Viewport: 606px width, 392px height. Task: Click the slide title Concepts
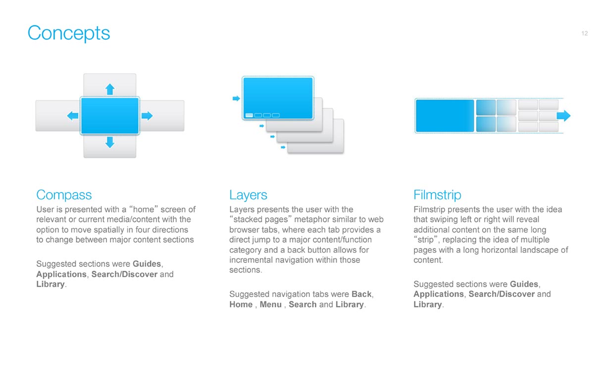69,33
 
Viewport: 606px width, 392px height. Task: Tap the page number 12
584,33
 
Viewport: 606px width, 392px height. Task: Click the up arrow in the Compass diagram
110,89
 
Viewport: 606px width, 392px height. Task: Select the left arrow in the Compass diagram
72,116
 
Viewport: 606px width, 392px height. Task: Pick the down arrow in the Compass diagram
110,143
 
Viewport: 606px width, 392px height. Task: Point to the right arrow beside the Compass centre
147,116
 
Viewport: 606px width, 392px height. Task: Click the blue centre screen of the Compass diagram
110,116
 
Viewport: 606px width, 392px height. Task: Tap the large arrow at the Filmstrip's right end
563,116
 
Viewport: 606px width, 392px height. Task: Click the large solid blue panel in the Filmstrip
445,116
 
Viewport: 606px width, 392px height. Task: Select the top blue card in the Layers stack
278,98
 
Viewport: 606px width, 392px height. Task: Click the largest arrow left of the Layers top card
236,98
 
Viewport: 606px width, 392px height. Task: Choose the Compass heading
64,195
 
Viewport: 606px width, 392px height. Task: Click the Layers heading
248,195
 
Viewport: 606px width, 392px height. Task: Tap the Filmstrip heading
437,195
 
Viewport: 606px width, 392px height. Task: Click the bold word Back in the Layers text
361,294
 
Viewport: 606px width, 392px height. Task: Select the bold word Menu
270,304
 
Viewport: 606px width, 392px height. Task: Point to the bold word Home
241,304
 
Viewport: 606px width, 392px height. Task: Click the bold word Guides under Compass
147,264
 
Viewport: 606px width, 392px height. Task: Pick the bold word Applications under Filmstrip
439,294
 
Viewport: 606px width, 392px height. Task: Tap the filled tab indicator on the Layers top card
249,115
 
